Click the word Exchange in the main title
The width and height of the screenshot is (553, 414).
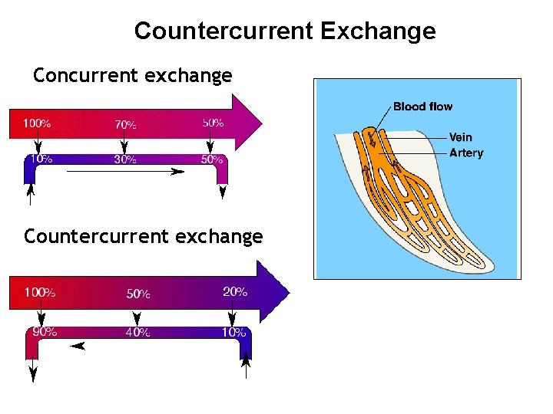pos(377,31)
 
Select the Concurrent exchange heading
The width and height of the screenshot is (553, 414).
pos(132,75)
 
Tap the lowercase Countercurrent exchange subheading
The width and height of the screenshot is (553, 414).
pos(143,236)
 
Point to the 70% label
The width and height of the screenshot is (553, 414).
pos(126,124)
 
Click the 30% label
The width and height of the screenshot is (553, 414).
pos(126,160)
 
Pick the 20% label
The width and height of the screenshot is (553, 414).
pos(235,291)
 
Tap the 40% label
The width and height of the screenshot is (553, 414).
pos(137,332)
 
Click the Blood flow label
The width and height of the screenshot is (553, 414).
pos(422,107)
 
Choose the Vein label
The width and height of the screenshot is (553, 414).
pos(461,137)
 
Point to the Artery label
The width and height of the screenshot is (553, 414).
pos(466,153)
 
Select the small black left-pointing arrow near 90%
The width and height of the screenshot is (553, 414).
pos(77,347)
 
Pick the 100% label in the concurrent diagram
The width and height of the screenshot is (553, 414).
pos(37,123)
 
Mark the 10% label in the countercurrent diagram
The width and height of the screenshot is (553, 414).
pos(233,332)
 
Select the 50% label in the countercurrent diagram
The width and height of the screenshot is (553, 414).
pos(138,294)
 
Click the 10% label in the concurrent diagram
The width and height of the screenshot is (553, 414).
pos(40,159)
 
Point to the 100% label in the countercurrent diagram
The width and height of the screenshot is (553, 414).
pos(40,292)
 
